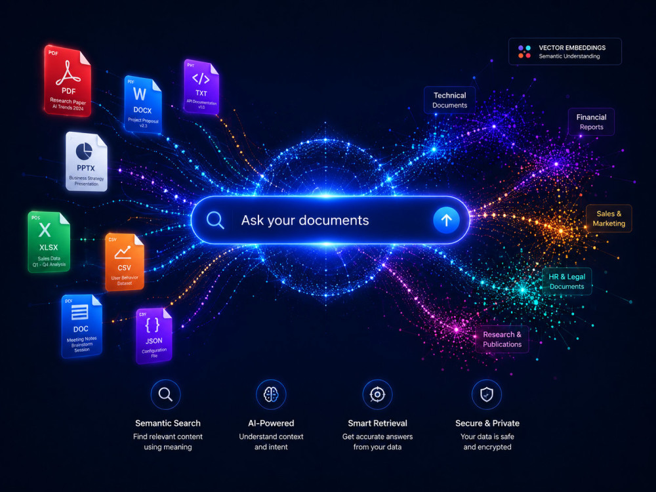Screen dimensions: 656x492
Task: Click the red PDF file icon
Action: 68,80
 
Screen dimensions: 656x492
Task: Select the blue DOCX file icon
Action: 142,104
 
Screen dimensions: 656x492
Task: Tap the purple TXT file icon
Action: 201,87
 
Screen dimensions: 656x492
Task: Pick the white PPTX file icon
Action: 86,161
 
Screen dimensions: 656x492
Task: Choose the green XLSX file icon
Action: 49,242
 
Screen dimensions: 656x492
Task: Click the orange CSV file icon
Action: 125,262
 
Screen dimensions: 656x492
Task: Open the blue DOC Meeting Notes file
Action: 81,326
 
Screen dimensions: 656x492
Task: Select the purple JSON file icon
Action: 154,335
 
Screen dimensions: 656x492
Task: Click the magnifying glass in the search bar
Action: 215,220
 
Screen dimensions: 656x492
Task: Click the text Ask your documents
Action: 305,220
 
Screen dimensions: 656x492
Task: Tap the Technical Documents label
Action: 450,100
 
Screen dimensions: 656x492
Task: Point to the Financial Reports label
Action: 591,122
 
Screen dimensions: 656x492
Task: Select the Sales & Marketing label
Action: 609,218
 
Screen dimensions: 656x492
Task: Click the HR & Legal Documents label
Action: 567,281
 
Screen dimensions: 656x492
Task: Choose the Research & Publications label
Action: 502,339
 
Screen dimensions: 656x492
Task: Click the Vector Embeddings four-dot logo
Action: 524,51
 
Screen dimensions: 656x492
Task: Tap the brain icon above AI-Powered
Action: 271,394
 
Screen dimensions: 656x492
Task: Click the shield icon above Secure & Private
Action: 487,394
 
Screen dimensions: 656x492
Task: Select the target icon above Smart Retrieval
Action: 377,394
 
